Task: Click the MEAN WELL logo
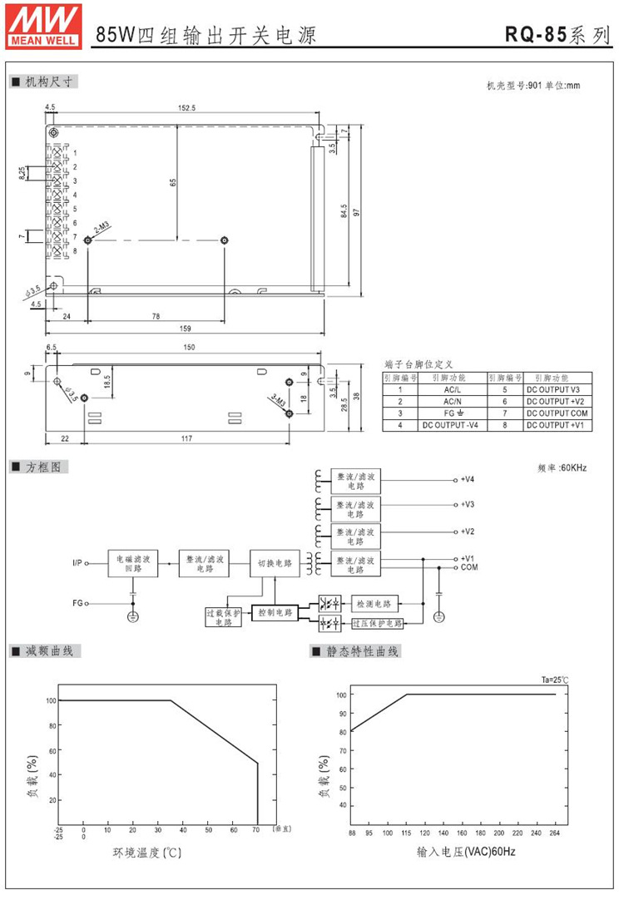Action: (x=42, y=24)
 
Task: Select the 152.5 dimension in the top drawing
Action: (x=186, y=108)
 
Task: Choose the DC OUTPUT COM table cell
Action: (x=557, y=413)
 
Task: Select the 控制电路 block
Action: (x=275, y=612)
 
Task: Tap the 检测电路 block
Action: (x=375, y=602)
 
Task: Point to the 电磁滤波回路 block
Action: (x=134, y=563)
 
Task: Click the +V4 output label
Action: (x=468, y=480)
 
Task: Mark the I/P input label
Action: (x=78, y=563)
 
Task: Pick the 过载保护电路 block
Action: (x=223, y=617)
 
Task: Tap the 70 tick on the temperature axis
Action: (x=257, y=829)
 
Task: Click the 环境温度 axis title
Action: (x=146, y=853)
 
